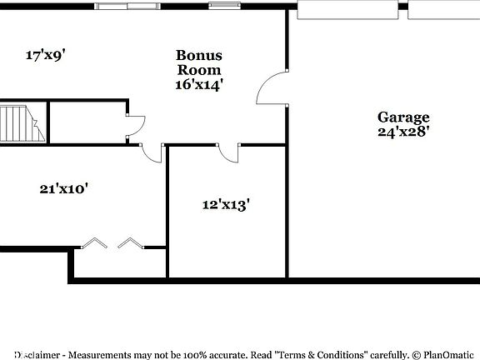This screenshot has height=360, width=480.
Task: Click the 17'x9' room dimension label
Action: click(46, 56)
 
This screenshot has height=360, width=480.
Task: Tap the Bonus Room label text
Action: click(198, 62)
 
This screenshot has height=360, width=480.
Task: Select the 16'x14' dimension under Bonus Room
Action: click(198, 84)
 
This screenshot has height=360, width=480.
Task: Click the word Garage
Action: click(403, 117)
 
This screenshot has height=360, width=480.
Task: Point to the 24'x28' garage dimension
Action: click(403, 131)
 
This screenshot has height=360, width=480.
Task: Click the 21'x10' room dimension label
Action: click(64, 188)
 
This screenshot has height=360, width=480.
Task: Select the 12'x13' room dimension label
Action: click(226, 204)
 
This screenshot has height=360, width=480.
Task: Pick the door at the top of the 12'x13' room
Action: click(228, 152)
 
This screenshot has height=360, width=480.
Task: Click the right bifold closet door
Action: click(131, 243)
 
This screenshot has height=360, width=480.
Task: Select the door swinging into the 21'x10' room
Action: click(152, 152)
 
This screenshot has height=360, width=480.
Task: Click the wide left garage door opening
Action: click(347, 10)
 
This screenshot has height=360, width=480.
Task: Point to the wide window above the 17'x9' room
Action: click(127, 7)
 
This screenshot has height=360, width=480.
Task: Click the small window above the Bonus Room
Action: click(222, 7)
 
